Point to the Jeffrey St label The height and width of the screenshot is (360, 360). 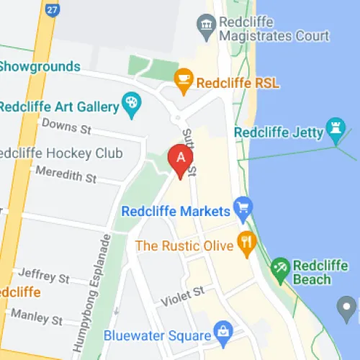(x=45, y=276)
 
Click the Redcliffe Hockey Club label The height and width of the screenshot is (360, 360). (x=60, y=153)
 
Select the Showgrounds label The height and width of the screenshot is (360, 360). (x=40, y=66)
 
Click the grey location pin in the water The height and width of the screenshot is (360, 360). (x=348, y=310)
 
